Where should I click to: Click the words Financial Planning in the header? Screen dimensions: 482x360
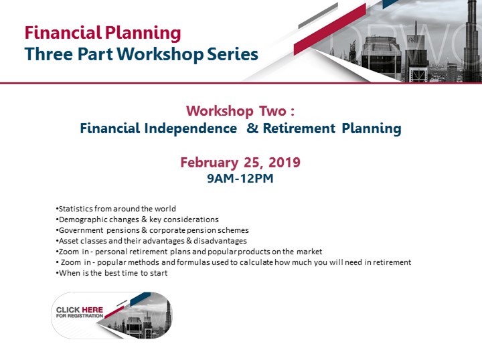pyautogui.click(x=102, y=33)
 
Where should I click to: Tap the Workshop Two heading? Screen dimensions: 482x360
pyautogui.click(x=240, y=111)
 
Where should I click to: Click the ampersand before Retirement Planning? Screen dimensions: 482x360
pyautogui.click(x=252, y=128)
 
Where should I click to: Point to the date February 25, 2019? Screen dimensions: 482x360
pyautogui.click(x=240, y=163)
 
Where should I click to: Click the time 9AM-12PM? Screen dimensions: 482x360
pyautogui.click(x=240, y=179)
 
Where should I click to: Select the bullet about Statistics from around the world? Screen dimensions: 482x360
pyautogui.click(x=116, y=209)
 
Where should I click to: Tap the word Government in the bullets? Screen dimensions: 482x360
pyautogui.click(x=81, y=230)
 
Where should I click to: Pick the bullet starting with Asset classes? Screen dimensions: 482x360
pyautogui.click(x=151, y=241)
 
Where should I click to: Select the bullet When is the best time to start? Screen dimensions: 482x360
pyautogui.click(x=112, y=273)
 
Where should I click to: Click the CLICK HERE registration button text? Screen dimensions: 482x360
pyautogui.click(x=80, y=312)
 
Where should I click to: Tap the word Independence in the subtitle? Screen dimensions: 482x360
pyautogui.click(x=191, y=128)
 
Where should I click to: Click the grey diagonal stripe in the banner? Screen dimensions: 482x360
pyautogui.click(x=318, y=15)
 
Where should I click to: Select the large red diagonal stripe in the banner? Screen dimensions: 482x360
pyautogui.click(x=330, y=29)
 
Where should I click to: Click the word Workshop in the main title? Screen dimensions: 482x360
pyautogui.click(x=160, y=54)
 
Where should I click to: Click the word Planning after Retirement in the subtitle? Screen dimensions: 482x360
pyautogui.click(x=372, y=128)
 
